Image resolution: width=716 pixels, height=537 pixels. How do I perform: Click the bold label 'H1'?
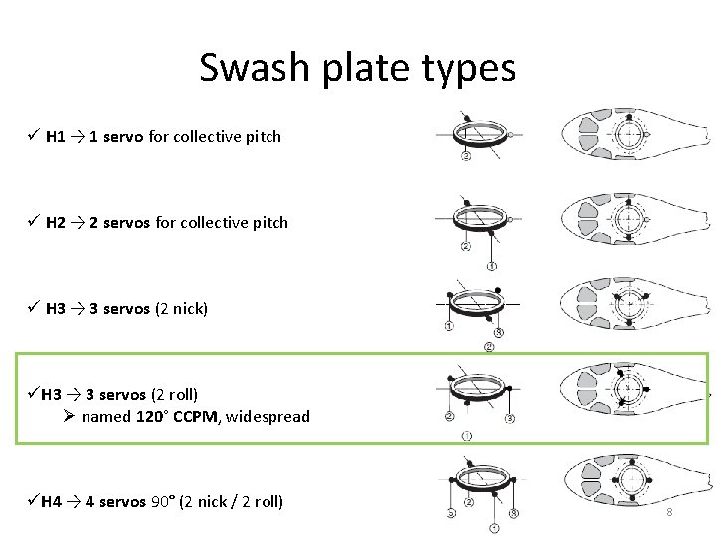pos(56,137)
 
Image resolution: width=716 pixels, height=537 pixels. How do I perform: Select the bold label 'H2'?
pos(56,223)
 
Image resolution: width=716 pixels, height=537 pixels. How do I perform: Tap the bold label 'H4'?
pos(52,502)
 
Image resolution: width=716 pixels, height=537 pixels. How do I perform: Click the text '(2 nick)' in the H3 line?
pos(181,309)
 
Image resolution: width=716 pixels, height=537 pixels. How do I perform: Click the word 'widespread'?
pos(268,417)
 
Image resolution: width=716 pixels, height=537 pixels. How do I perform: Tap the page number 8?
pos(669,512)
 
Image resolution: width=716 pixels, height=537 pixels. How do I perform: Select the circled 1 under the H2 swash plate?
pos(492,266)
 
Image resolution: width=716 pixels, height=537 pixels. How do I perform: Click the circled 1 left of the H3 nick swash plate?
pos(449,326)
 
